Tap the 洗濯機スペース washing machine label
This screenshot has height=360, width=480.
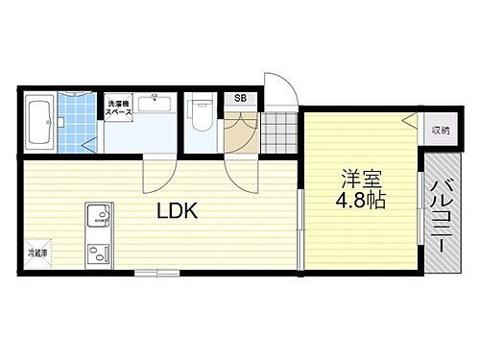pos(119,108)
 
